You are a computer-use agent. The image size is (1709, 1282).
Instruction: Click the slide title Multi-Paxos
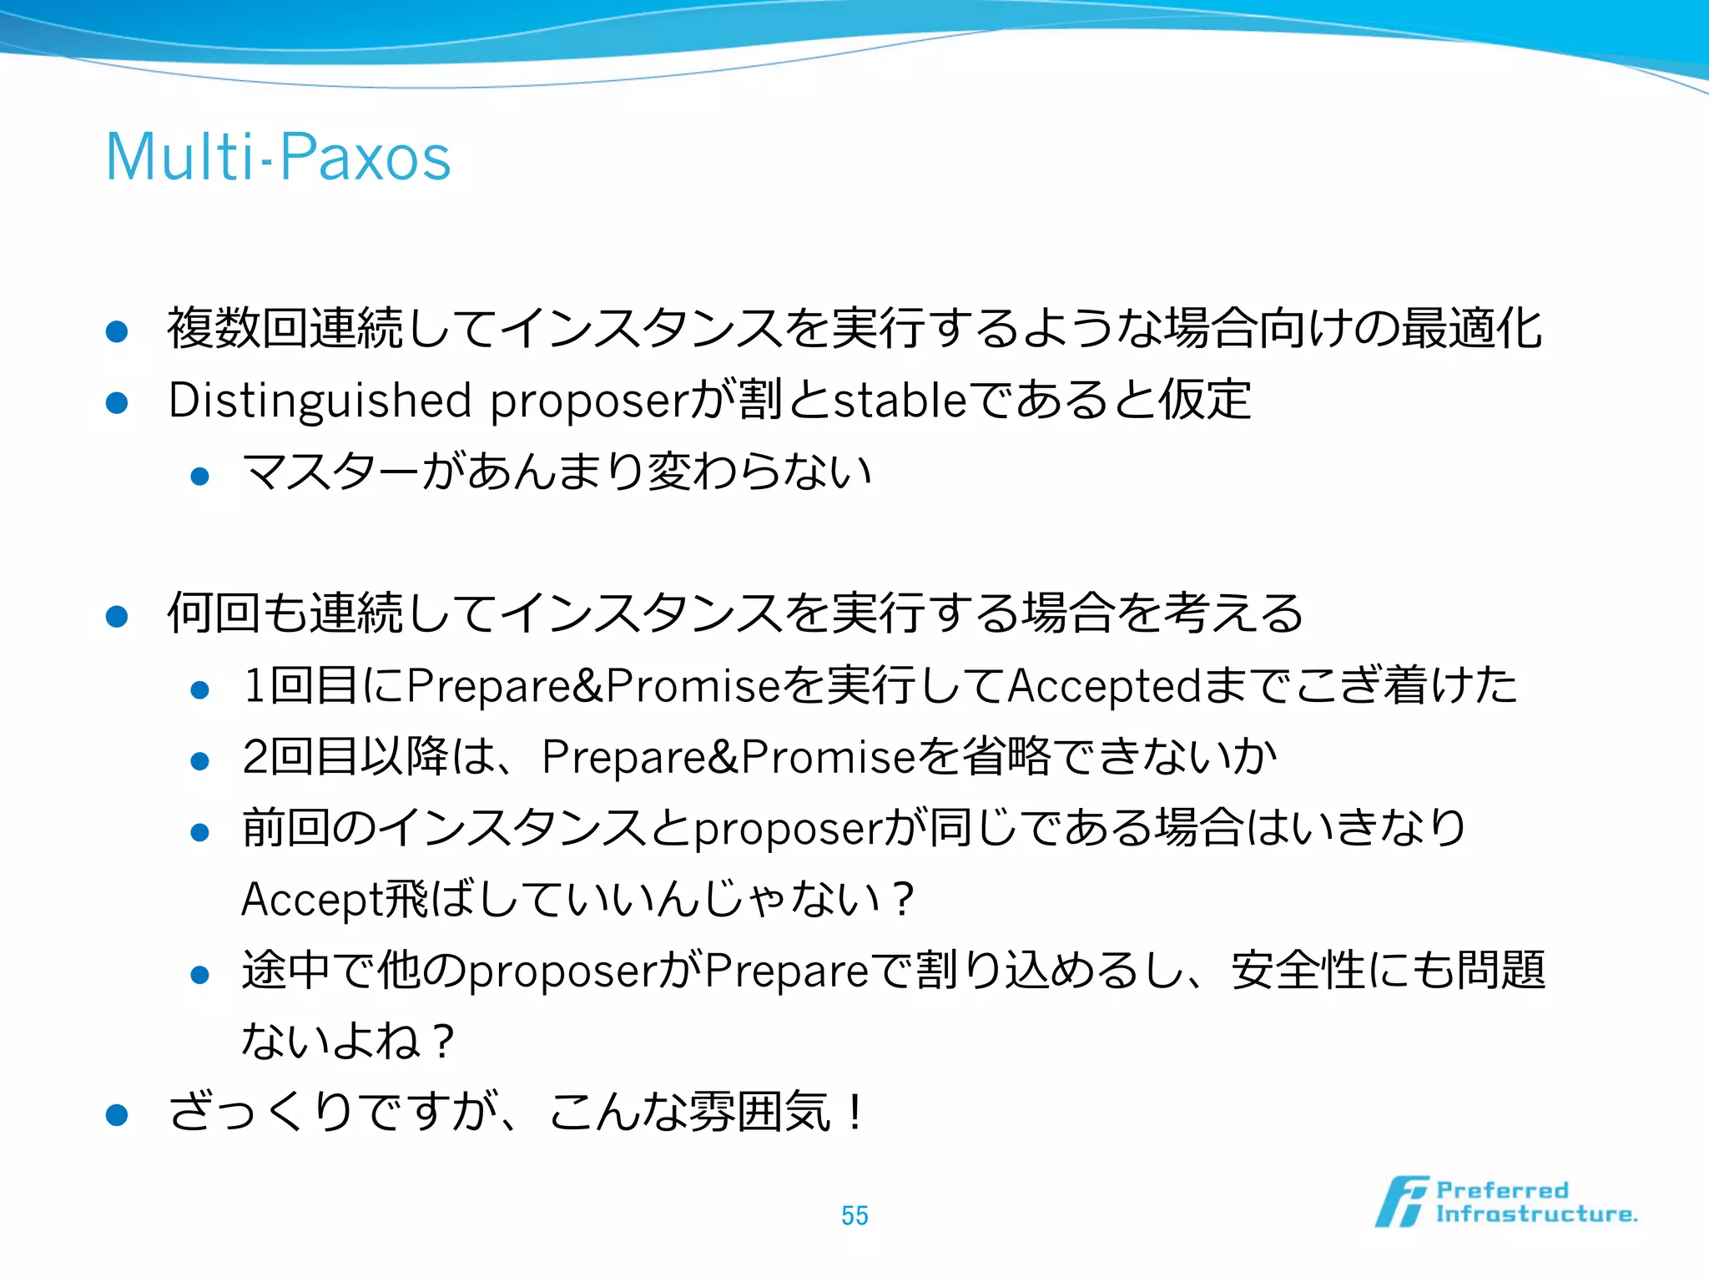[278, 157]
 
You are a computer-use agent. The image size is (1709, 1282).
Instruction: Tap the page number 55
[854, 1215]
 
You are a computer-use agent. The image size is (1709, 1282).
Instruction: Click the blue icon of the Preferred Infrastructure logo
[1401, 1202]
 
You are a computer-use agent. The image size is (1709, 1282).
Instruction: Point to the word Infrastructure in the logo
[1535, 1214]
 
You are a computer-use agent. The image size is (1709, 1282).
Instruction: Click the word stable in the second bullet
[900, 401]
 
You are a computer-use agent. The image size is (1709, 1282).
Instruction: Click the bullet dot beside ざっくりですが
[117, 1115]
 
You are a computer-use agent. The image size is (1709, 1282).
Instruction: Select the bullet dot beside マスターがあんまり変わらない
[199, 477]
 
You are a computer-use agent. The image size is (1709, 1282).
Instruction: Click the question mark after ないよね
[443, 1042]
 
